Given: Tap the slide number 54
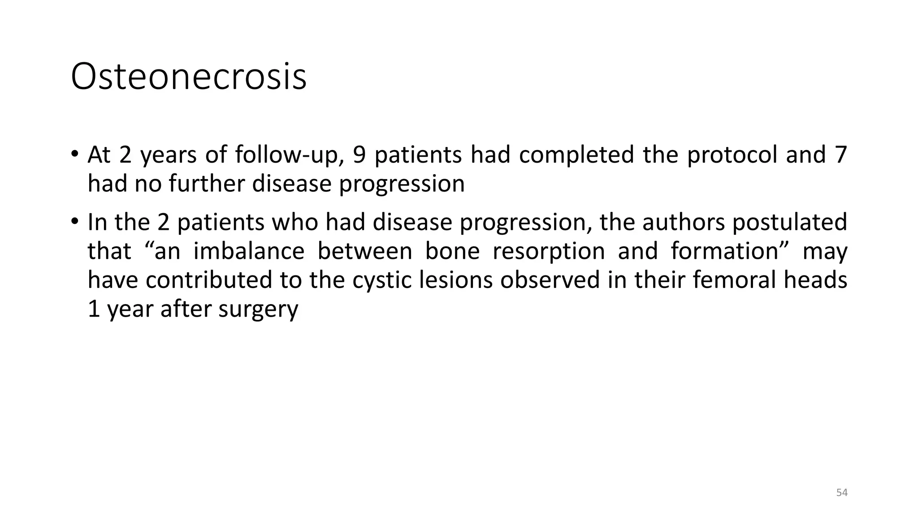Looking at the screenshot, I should coord(842,493).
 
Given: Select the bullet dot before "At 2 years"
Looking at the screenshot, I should coord(74,154).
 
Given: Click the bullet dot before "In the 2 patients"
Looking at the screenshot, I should coord(74,221).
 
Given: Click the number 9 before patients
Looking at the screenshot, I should coord(359,155).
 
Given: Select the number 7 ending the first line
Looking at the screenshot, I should coord(841,155).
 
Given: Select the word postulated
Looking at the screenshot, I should coord(789,222).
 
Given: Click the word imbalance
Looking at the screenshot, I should coord(249,251).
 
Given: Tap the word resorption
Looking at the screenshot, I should coord(549,252).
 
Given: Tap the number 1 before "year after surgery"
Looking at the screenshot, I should coord(94,309).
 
